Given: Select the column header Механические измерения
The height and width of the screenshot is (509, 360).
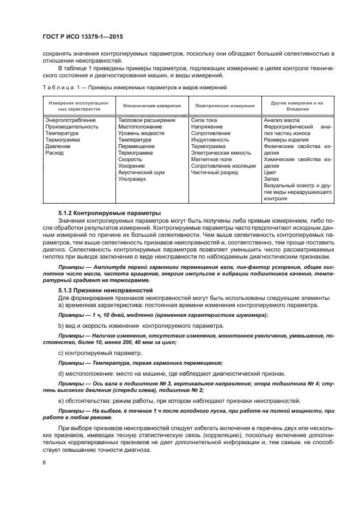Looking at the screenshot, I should pyautogui.click(x=145, y=106).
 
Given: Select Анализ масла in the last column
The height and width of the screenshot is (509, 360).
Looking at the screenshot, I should pyautogui.click(x=281, y=120).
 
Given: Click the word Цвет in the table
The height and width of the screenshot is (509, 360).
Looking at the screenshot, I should pyautogui.click(x=270, y=173).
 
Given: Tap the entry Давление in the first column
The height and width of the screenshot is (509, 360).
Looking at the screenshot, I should pyautogui.click(x=58, y=146).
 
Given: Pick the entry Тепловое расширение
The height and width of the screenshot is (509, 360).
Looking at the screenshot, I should pyautogui.click(x=147, y=120).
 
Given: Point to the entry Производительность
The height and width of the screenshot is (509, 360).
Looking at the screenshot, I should pyautogui.click(x=72, y=126).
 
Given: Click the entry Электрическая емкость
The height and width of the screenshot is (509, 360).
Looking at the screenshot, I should pyautogui.click(x=221, y=153).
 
